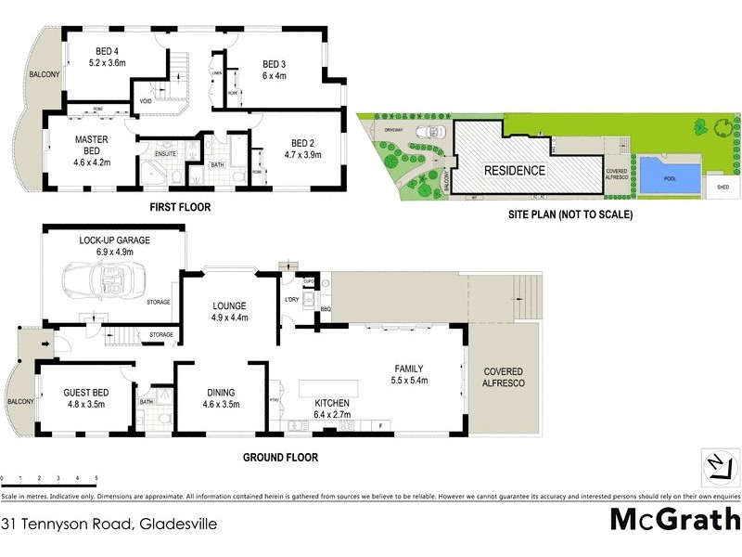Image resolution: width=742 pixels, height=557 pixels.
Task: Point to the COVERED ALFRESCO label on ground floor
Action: pyautogui.click(x=502, y=376)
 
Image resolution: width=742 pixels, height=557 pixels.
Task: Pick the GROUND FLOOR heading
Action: pyautogui.click(x=280, y=457)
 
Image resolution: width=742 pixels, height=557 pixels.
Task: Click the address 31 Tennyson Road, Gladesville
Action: pyautogui.click(x=109, y=525)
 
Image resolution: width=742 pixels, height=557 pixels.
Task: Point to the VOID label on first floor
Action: pyautogui.click(x=146, y=101)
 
